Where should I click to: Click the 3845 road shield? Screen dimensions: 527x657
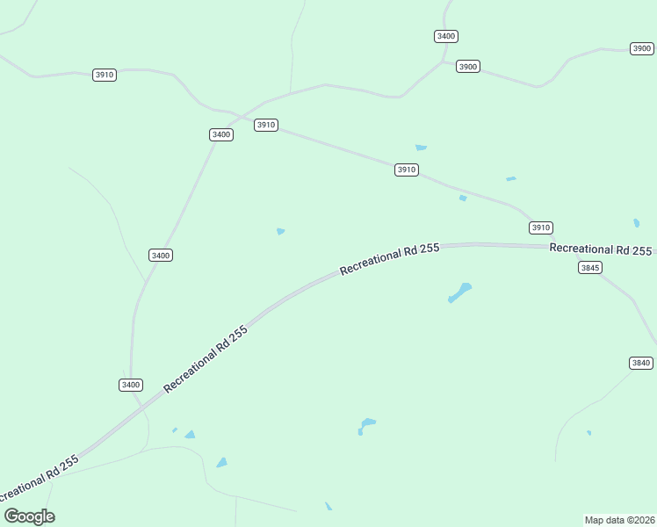(x=590, y=267)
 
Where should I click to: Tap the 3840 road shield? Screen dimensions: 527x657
(x=641, y=363)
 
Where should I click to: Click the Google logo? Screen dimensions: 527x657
(x=30, y=516)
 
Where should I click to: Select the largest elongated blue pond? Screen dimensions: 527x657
(x=460, y=292)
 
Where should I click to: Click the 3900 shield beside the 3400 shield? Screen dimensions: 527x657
(x=468, y=67)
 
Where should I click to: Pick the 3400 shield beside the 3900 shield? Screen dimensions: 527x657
(x=446, y=36)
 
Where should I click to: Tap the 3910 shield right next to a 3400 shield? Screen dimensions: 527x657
(x=266, y=125)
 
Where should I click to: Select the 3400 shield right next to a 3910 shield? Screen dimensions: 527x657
(x=221, y=134)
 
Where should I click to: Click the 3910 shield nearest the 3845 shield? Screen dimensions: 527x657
(x=541, y=227)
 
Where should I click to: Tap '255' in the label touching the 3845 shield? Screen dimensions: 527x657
(x=642, y=250)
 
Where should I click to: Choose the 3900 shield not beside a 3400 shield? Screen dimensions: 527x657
(x=642, y=48)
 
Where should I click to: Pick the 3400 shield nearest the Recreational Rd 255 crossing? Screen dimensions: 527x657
(x=130, y=385)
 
